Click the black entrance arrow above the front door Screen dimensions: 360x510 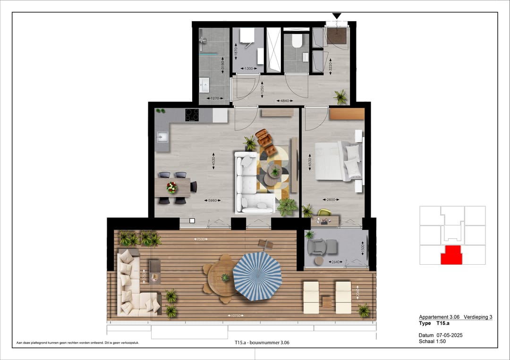(x=337, y=16)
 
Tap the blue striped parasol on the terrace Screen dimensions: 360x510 (x=257, y=276)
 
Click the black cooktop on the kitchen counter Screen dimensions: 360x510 (x=192, y=115)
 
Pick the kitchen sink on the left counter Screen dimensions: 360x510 (x=161, y=137)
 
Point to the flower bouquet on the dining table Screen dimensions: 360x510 (x=172, y=188)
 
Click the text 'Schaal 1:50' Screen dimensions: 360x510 (x=433, y=341)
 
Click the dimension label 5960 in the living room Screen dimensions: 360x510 (x=212, y=200)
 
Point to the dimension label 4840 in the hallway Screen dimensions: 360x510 (x=285, y=100)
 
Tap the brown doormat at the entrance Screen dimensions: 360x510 (x=336, y=35)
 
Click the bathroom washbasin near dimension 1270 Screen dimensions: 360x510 (x=204, y=86)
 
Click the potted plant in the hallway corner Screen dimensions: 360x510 (x=340, y=97)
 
